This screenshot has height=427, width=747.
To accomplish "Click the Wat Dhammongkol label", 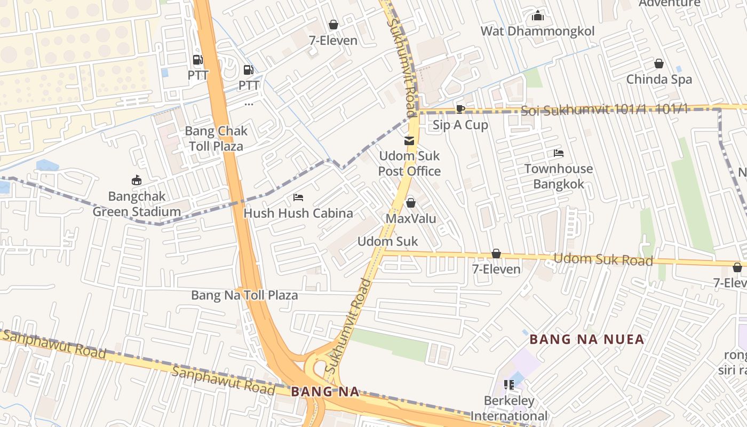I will pos(537,31).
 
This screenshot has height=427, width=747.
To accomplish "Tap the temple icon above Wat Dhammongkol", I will pos(538,15).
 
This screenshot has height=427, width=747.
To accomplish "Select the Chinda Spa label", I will pos(659,79).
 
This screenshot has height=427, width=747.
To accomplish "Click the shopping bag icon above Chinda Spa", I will pos(659,64).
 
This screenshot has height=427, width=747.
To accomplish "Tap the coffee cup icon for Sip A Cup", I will pos(460,109).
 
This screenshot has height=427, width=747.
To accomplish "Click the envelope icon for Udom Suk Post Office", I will pos(409,141).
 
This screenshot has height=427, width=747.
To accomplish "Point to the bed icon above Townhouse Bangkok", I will pos(559,153).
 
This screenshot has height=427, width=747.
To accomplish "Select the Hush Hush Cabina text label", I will pos(298,213).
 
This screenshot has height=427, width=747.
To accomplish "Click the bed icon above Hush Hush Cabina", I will pos(298,197).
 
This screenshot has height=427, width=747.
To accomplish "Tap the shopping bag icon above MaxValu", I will pos(411,203).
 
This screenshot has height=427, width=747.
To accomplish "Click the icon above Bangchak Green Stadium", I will pos(137,180).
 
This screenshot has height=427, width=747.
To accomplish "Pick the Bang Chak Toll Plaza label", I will pos(216,138).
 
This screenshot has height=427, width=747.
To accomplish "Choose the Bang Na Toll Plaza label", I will pos(244,295).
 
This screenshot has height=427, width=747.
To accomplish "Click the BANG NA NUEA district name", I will pos(587,339).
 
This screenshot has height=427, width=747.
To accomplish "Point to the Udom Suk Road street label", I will pos(603,260).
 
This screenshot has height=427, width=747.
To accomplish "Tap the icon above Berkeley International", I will pos(509,384).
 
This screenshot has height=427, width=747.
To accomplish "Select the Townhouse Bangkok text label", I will pos(559,176).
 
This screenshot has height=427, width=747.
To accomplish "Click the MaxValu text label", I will pos(411,219).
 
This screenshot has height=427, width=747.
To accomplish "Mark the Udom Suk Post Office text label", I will pos(409,163).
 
